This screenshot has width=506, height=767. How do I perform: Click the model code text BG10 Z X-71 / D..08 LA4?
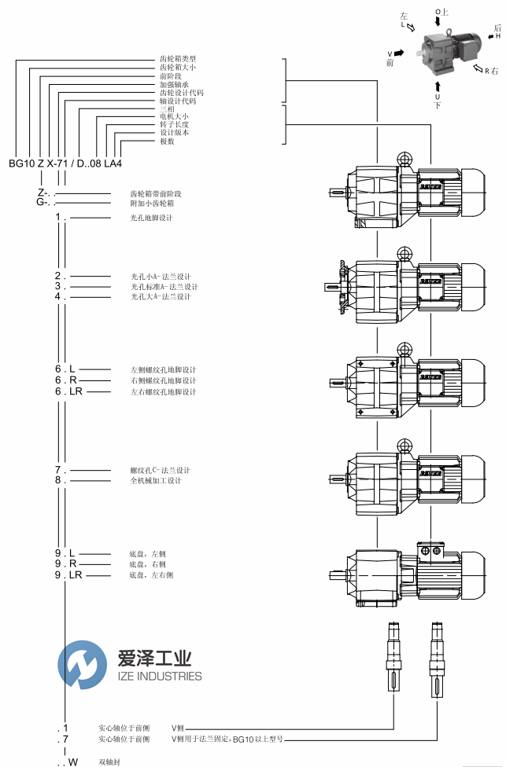pos(65,164)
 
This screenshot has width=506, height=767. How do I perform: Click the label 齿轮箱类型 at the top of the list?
pos(178,59)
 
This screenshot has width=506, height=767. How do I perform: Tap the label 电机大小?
pos(174,116)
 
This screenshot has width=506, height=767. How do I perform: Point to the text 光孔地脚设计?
pos(151,218)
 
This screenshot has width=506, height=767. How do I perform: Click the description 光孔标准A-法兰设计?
pos(160,287)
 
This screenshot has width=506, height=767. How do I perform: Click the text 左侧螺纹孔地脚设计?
pos(163,369)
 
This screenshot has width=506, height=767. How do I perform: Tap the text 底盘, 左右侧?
pos(151,575)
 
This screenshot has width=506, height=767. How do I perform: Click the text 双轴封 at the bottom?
pos(109,761)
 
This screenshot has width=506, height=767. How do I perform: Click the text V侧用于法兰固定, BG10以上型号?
pos(227,739)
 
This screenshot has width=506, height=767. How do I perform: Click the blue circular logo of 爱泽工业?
pos(82,665)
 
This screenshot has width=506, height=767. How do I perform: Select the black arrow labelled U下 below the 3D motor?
pos(438,83)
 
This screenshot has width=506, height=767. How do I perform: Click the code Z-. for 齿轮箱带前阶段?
pos(45,193)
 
